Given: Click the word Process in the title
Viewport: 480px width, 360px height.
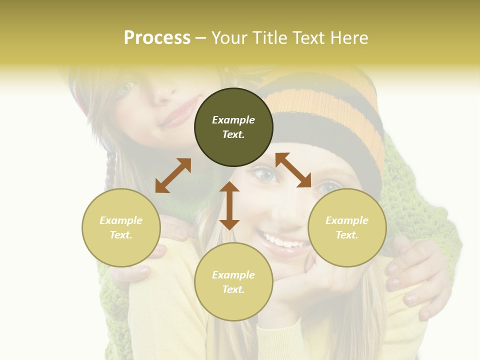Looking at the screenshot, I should [157, 38].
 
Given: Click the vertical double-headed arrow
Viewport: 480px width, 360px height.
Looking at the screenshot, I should [229, 205].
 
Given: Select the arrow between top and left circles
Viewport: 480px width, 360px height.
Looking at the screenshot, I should [173, 175].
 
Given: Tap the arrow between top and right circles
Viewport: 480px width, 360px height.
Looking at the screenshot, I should [293, 170].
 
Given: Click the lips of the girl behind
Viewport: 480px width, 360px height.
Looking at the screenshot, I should [180, 113].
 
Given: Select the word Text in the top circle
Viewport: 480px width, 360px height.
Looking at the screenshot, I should [233, 134].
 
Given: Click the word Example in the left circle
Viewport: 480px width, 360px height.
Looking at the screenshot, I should [121, 220].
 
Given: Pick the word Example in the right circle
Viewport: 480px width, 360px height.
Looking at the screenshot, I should [347, 220].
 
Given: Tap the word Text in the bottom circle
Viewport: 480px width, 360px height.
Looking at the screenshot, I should [233, 289].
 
